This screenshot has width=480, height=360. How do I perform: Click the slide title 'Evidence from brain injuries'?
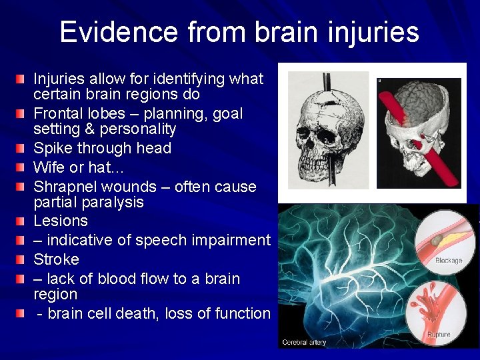pyautogui.click(x=239, y=32)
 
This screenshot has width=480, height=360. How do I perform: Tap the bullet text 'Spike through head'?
pyautogui.click(x=102, y=148)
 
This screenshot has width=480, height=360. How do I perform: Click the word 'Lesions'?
pyautogui.click(x=61, y=221)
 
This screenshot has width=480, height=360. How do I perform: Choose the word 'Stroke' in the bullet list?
pyautogui.click(x=56, y=259)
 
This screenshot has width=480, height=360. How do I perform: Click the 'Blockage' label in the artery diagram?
pyautogui.click(x=448, y=261)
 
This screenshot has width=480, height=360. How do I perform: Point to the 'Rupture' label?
pyautogui.click(x=439, y=334)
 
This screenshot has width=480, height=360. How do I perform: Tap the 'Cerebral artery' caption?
pyautogui.click(x=303, y=343)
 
